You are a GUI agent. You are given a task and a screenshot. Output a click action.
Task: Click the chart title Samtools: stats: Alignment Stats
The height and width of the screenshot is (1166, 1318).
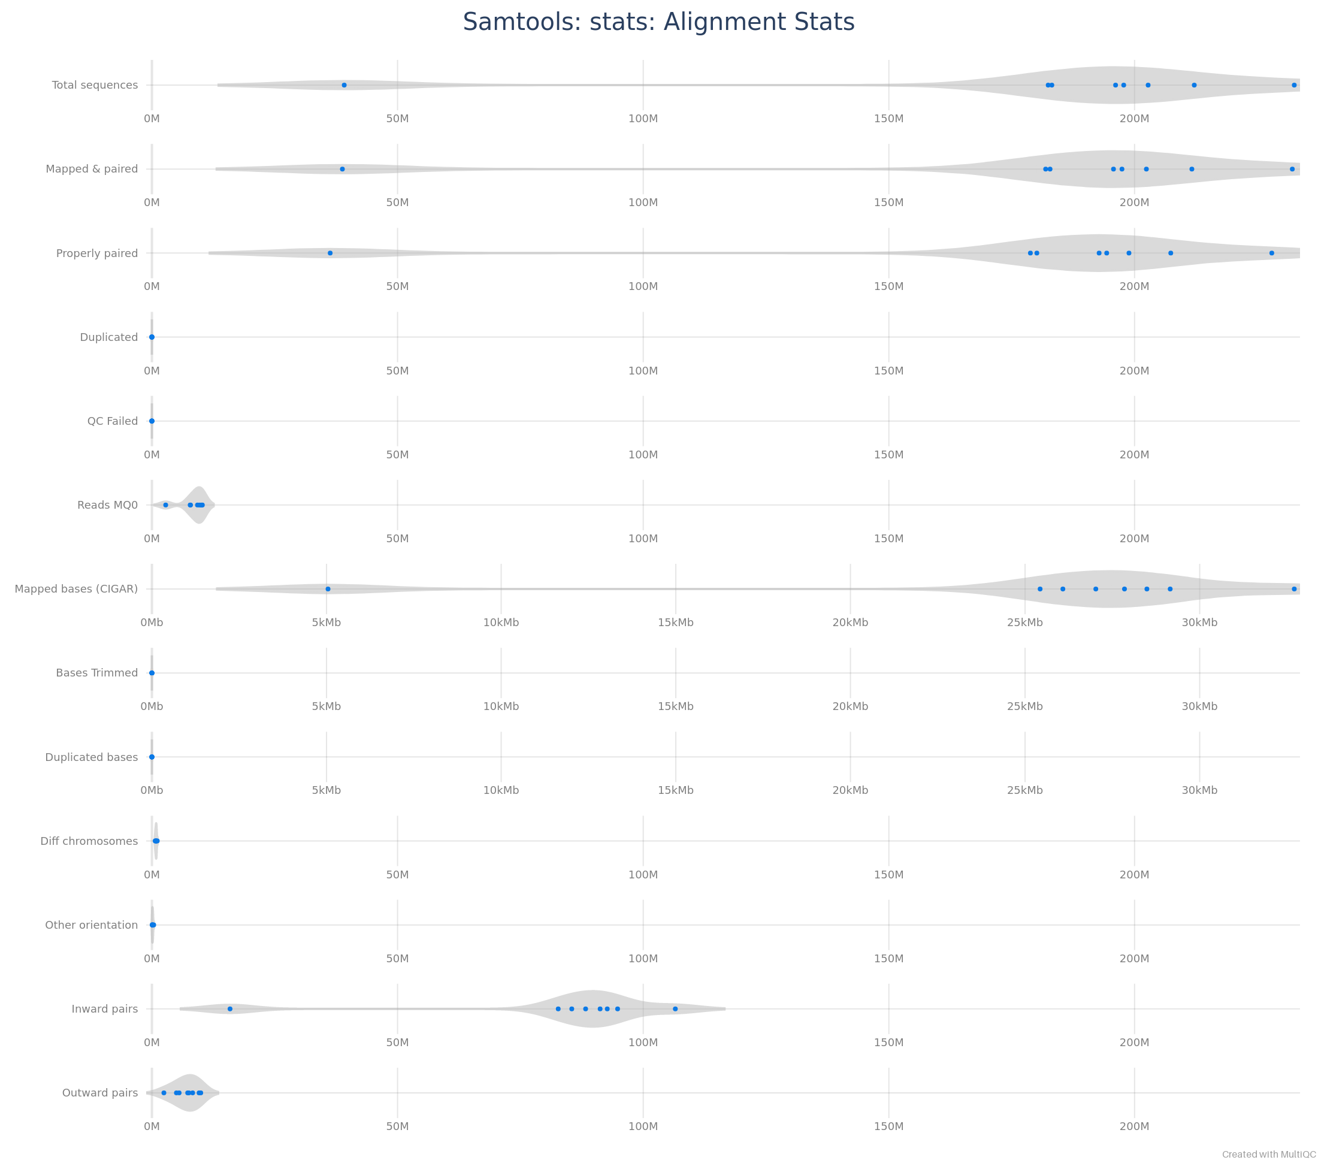(x=658, y=22)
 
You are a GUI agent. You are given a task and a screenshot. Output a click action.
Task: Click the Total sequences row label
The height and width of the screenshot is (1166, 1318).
(x=95, y=85)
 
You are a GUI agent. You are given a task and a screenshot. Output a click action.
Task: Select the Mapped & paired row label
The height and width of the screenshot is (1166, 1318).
(x=92, y=169)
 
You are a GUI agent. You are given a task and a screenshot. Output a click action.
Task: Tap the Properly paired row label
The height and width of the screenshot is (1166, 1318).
(x=96, y=253)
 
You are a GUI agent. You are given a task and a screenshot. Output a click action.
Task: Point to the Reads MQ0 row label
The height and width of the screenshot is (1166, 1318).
(x=108, y=505)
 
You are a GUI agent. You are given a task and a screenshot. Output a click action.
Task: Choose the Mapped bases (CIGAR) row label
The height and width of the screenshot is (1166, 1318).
(x=76, y=589)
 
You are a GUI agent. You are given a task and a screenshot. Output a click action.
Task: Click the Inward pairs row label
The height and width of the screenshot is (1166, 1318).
(x=104, y=1008)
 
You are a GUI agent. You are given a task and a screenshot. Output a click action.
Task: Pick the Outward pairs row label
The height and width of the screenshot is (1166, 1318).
(x=100, y=1092)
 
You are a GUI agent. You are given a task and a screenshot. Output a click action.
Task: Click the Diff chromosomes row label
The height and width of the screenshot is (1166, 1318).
(x=89, y=841)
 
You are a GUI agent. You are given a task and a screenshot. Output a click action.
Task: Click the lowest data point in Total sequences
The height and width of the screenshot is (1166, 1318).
(x=344, y=85)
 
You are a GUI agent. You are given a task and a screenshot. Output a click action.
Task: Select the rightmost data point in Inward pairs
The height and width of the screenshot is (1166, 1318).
(x=675, y=1008)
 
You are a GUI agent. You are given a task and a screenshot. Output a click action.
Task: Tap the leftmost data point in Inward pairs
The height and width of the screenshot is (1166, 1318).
(x=229, y=1008)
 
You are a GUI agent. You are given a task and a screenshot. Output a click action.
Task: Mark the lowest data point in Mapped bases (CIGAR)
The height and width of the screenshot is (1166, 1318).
(x=328, y=589)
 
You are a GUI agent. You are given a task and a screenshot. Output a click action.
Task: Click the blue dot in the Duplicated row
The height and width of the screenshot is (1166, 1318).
(x=152, y=337)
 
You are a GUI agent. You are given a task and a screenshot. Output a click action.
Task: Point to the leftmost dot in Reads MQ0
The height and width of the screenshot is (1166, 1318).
(x=166, y=505)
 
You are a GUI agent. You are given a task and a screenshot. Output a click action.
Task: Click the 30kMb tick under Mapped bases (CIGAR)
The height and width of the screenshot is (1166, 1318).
(x=1199, y=623)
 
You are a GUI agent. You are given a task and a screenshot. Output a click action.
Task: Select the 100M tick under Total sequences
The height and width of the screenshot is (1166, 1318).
(x=643, y=119)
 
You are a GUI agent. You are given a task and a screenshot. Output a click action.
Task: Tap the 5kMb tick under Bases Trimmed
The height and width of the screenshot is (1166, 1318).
(x=327, y=707)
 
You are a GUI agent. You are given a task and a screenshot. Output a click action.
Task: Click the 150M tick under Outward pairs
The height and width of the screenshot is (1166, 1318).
(x=888, y=1126)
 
